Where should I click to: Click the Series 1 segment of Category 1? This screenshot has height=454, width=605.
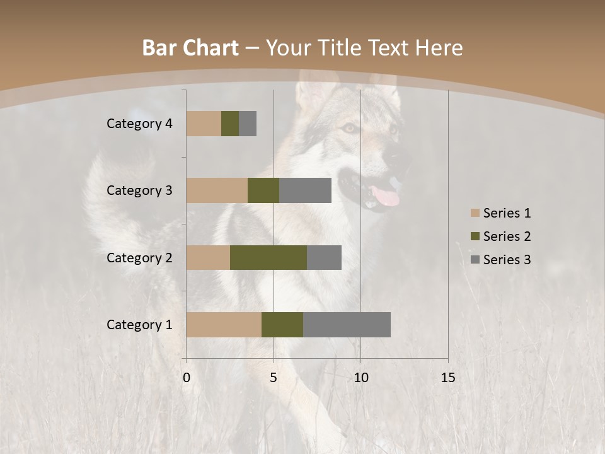[224, 324]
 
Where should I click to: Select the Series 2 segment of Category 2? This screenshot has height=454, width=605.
[268, 257]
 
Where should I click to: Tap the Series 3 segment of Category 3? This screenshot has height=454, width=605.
[305, 190]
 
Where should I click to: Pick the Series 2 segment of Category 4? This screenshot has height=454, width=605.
[230, 124]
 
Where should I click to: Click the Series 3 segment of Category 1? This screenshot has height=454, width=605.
[347, 324]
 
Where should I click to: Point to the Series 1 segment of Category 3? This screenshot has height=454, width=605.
[217, 190]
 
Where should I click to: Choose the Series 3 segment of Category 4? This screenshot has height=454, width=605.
[248, 124]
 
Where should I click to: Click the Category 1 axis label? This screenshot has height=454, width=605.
[139, 325]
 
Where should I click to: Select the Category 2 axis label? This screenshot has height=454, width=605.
[139, 258]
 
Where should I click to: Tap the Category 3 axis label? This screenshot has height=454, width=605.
[139, 190]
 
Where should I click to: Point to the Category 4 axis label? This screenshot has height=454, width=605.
[139, 124]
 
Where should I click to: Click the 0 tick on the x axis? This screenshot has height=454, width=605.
[187, 378]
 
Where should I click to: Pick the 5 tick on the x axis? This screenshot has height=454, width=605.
[274, 378]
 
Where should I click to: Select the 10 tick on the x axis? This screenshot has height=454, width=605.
[360, 378]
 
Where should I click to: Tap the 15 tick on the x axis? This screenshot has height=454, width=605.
[447, 378]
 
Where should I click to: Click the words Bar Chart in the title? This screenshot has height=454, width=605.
[190, 48]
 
